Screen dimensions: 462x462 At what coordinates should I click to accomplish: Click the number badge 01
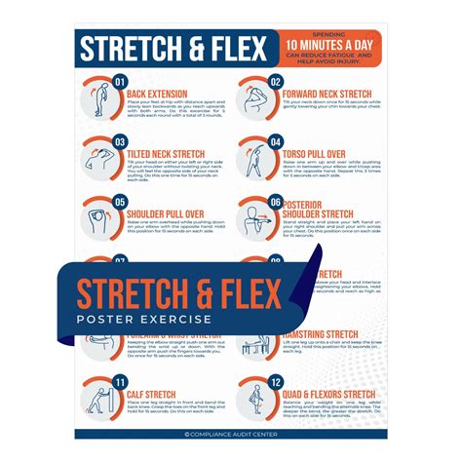121,81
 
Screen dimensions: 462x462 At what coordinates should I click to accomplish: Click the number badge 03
121,141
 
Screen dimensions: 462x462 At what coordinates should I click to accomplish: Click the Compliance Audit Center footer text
231,435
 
